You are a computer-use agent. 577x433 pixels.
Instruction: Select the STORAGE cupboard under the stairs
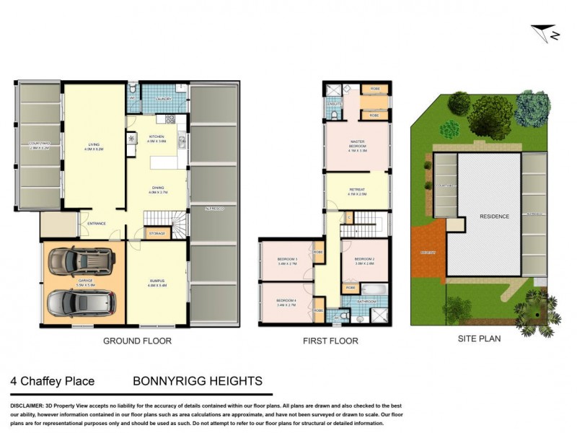point(157,233)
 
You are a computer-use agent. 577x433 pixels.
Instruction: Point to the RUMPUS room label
point(157,283)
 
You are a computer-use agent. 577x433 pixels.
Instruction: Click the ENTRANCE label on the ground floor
point(97,223)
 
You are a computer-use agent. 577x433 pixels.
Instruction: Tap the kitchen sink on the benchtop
point(182,140)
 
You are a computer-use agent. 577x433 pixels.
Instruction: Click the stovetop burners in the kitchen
point(170,120)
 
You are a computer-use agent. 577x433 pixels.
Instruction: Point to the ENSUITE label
point(333,103)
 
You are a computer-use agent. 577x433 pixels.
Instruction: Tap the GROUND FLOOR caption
point(137,341)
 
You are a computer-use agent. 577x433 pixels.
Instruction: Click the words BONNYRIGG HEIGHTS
point(197,380)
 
